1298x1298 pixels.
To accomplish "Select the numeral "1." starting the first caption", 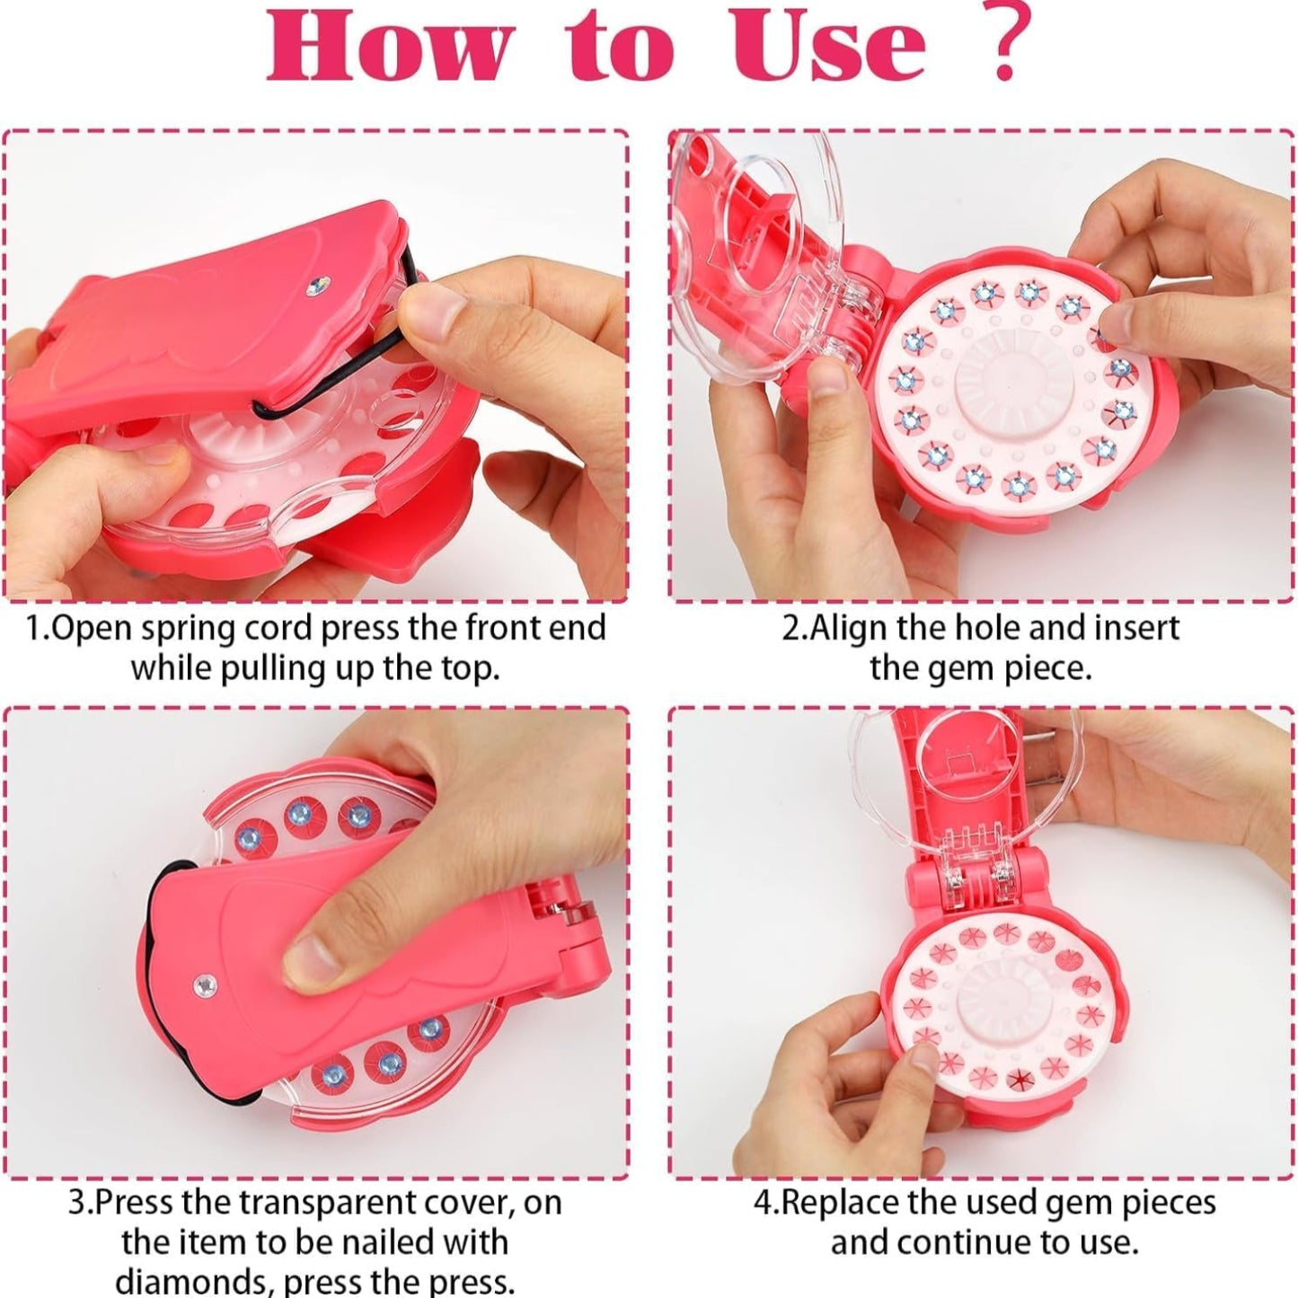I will pyautogui.click(x=39, y=628).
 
